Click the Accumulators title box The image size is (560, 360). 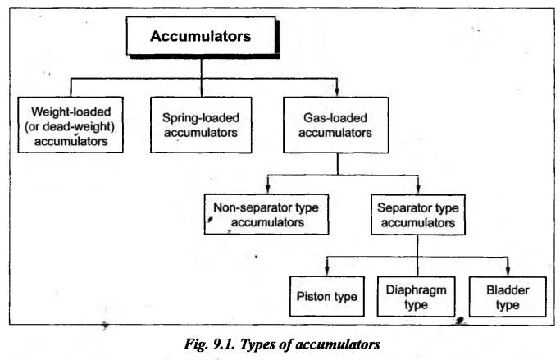pos(203,36)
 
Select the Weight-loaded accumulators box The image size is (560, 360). pos(71,125)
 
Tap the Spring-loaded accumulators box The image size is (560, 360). pos(201,125)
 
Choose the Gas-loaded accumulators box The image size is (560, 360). pos(335,125)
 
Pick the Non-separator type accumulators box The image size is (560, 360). pos(266,214)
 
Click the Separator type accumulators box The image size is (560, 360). pos(418,215)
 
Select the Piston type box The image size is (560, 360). pos(327,296)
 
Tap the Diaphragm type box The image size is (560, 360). pos(416,297)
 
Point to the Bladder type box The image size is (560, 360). pos(508,297)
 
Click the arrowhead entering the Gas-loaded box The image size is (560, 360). pos(337,92)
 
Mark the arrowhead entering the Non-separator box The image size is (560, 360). pos(268,189)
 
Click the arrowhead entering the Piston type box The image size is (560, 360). pos(327,271)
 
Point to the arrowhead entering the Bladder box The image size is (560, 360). pos(508,271)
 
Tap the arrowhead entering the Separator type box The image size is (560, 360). pos(418,189)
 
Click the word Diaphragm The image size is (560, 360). pos(416,290)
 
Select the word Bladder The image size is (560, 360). pos(508,290)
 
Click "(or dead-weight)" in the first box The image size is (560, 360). pos(70,127)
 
